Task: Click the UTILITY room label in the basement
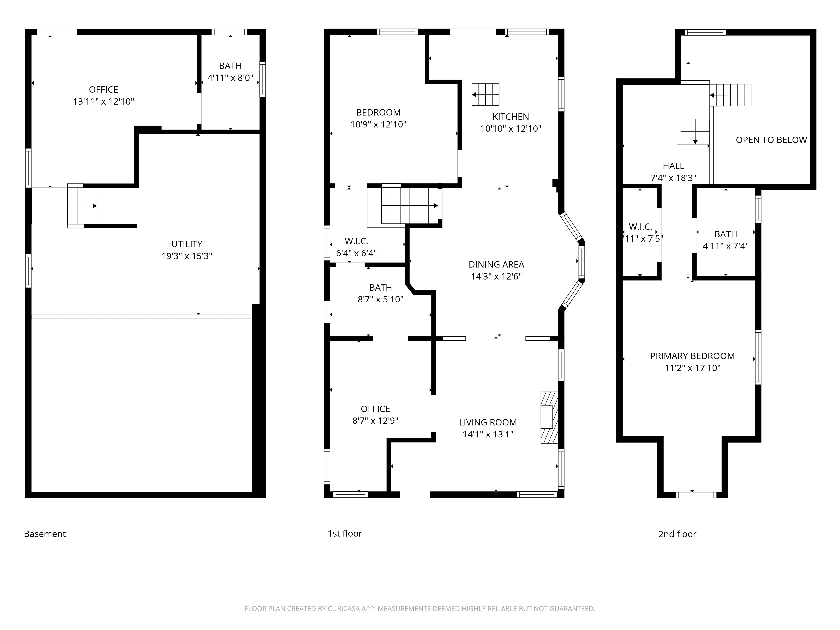pyautogui.click(x=187, y=244)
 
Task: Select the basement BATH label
pyautogui.click(x=231, y=66)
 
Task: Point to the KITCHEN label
pyautogui.click(x=511, y=117)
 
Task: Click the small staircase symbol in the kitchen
pyautogui.click(x=485, y=94)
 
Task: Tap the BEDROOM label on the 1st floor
pyautogui.click(x=378, y=112)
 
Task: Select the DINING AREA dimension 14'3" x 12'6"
pyautogui.click(x=496, y=276)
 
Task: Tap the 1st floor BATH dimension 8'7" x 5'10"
pyautogui.click(x=381, y=300)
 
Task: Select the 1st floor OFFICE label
pyautogui.click(x=375, y=409)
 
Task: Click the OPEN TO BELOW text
pyautogui.click(x=771, y=140)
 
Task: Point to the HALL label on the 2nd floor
pyautogui.click(x=674, y=166)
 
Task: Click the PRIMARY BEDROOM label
pyautogui.click(x=693, y=356)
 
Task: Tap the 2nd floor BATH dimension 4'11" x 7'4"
pyautogui.click(x=726, y=246)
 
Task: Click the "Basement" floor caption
pyautogui.click(x=45, y=534)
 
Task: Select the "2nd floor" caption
pyautogui.click(x=677, y=534)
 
